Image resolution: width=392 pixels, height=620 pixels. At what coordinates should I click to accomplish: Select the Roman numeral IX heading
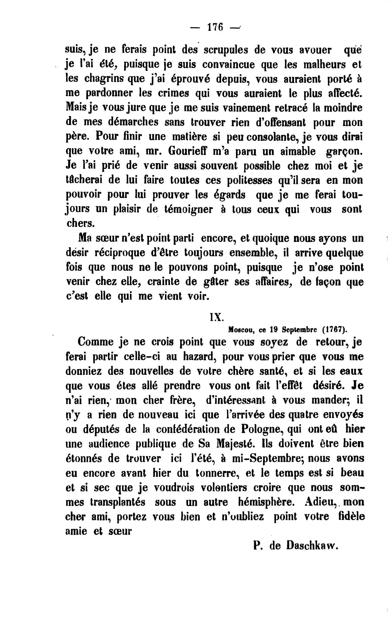point(217,317)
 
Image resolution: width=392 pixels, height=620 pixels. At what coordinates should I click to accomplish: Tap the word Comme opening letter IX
point(96,343)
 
